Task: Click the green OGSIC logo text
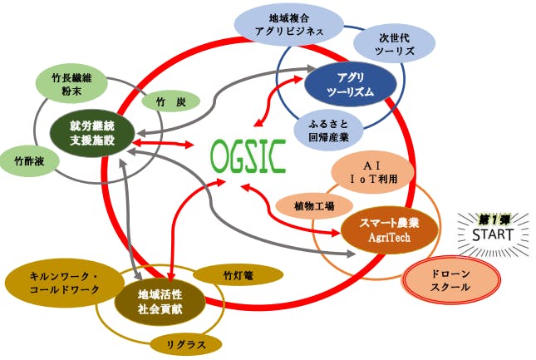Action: (248, 155)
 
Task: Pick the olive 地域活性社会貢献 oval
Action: (160, 301)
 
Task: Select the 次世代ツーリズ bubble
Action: (389, 43)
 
